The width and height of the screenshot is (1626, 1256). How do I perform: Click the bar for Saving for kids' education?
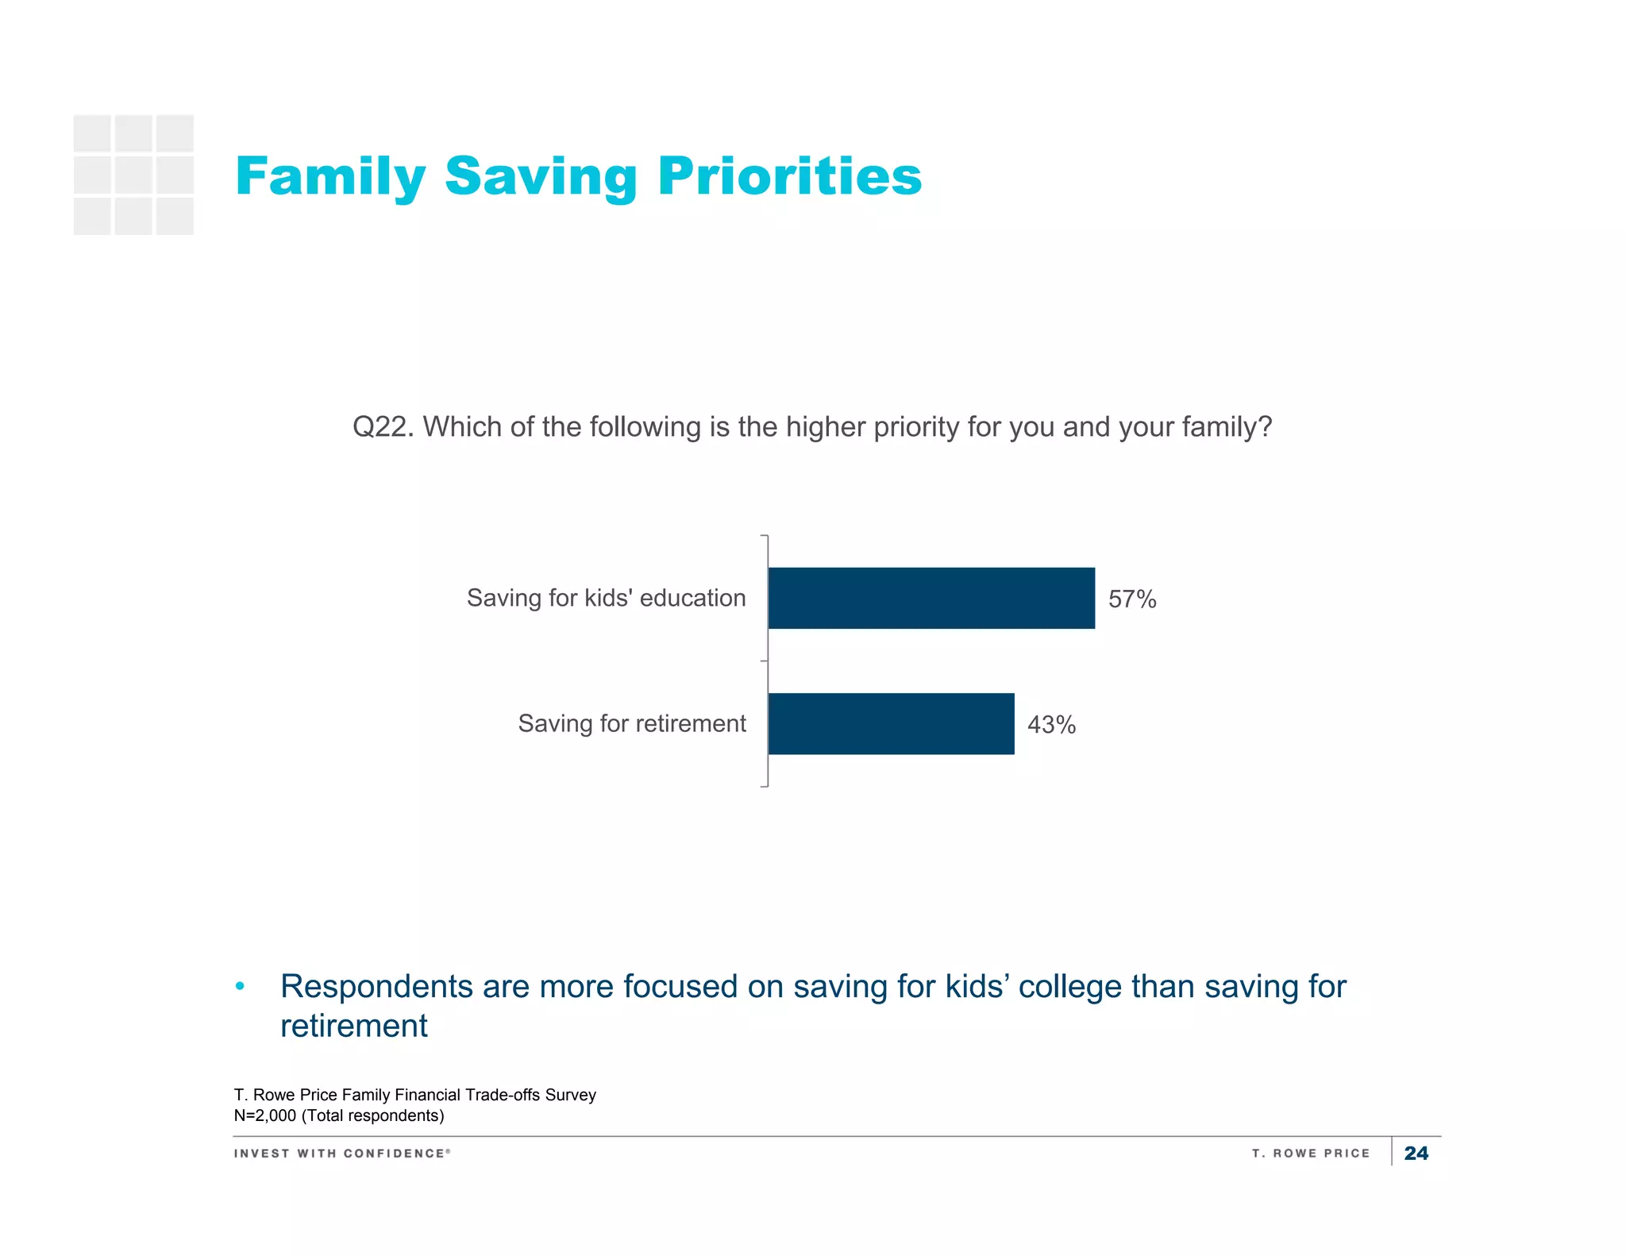[931, 598]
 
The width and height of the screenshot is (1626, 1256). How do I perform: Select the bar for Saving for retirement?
[891, 723]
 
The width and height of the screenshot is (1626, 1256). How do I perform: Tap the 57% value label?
[1132, 599]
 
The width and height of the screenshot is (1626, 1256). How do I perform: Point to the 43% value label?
[1051, 725]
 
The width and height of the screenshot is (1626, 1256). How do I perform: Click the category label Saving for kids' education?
[606, 598]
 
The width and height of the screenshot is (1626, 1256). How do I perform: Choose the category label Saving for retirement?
[632, 723]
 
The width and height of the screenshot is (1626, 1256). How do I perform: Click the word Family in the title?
[330, 176]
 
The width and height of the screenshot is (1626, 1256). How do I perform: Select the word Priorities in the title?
[790, 176]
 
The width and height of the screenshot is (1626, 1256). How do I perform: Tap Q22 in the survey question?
[381, 427]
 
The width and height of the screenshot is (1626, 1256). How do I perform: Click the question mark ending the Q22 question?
[1265, 427]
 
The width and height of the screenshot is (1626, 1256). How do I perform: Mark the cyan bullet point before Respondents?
[240, 987]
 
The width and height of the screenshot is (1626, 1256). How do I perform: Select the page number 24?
[1416, 1153]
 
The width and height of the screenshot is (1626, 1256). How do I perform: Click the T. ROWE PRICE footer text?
[1311, 1153]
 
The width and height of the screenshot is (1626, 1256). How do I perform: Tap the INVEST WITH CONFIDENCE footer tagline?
[342, 1153]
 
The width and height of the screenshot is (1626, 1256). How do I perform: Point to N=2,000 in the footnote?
[264, 1115]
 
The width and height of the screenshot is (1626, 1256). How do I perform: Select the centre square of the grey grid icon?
[133, 175]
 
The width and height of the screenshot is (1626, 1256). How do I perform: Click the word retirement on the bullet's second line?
[353, 1027]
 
